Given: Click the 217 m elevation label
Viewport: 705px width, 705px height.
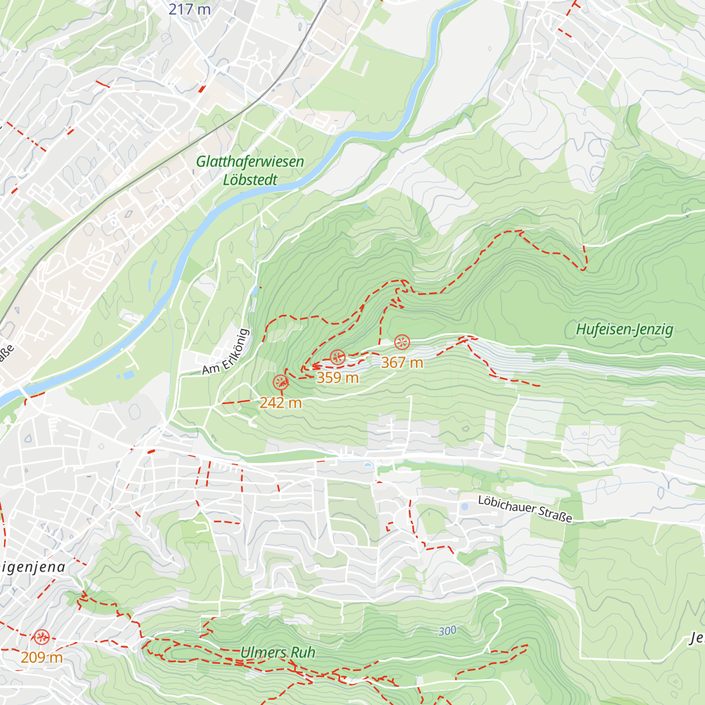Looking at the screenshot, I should pyautogui.click(x=189, y=9).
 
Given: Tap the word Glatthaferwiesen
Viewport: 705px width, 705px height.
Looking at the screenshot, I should pyautogui.click(x=250, y=162).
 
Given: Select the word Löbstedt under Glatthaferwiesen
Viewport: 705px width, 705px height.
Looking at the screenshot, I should pyautogui.click(x=250, y=180).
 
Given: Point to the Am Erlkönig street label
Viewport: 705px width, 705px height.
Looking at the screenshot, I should pyautogui.click(x=226, y=352).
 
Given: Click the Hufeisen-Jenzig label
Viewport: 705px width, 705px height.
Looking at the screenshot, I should pyautogui.click(x=624, y=330).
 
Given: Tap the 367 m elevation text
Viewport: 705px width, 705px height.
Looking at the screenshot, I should pyautogui.click(x=402, y=363).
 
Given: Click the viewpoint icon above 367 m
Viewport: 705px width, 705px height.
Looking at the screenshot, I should pyautogui.click(x=402, y=342).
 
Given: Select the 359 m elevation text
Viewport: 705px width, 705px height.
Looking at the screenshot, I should pyautogui.click(x=337, y=378).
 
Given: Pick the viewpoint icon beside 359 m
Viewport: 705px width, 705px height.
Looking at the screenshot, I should pyautogui.click(x=337, y=357).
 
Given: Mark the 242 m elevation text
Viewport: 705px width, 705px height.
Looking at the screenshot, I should pyautogui.click(x=280, y=403).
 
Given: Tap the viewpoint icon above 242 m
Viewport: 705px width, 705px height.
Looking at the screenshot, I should pyautogui.click(x=281, y=382).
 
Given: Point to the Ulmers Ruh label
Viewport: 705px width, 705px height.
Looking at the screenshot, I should pyautogui.click(x=278, y=653).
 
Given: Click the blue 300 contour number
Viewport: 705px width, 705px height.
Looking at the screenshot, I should pyautogui.click(x=447, y=631).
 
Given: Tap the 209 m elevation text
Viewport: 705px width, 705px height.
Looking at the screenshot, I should pyautogui.click(x=41, y=657).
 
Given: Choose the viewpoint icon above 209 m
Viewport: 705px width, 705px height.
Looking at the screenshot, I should pyautogui.click(x=41, y=637).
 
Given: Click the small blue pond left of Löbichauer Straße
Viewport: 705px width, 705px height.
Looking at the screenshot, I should pyautogui.click(x=464, y=506).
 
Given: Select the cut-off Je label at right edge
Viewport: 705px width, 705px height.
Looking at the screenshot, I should pyautogui.click(x=697, y=639).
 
